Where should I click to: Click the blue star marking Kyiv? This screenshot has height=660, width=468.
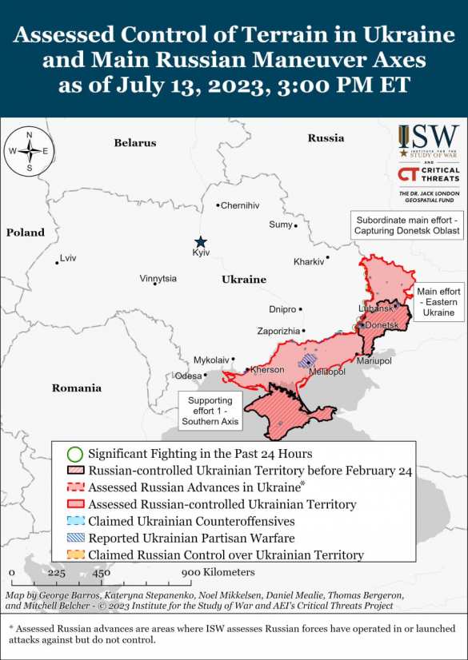coord(201,241)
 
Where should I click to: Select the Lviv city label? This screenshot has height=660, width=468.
coord(68,258)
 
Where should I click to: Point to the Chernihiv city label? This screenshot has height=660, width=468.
coord(240,205)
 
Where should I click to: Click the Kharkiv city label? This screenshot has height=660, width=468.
coord(309,261)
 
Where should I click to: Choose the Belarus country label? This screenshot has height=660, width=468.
coord(134,143)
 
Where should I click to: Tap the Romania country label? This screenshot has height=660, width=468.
coord(77,388)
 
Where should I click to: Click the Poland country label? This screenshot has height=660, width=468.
coord(26,233)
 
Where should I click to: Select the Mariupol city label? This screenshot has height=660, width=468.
coord(374,361)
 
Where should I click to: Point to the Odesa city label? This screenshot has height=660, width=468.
coord(189,376)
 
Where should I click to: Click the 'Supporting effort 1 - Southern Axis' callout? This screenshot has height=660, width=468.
coord(210,411)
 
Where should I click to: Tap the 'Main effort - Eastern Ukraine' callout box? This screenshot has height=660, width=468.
coord(438,302)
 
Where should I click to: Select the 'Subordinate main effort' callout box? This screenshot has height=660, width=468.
coord(408,225)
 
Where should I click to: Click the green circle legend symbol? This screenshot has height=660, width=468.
coord(74,454)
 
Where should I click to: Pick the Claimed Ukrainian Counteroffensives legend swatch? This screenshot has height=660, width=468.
coord(74,521)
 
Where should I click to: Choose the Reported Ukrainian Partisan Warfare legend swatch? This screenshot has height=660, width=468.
coord(74,538)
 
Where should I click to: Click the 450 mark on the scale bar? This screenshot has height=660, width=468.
coord(101,572)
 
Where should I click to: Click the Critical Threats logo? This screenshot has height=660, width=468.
coord(429,176)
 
